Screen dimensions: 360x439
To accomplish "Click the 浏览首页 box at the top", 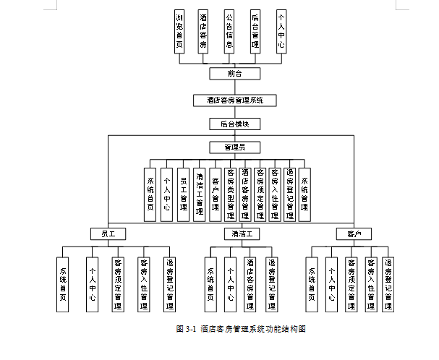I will pos(179,32).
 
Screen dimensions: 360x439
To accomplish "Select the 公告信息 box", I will pos(229,32).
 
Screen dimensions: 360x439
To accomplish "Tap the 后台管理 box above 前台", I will pos(255,32).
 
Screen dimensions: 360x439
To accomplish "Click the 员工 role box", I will pos(108,234).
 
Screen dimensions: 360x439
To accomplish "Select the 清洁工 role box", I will pos(242,234).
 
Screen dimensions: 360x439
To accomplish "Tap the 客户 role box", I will pos(353,234).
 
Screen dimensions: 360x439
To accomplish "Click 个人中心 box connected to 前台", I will pos(281,32).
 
